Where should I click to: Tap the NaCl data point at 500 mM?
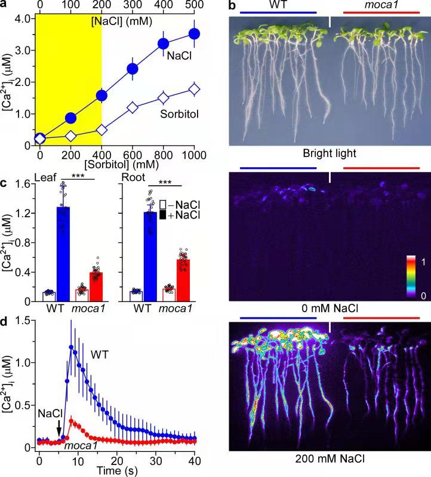pyautogui.click(x=194, y=34)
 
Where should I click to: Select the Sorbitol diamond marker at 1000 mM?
pyautogui.click(x=194, y=90)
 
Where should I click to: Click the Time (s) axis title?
pyautogui.click(x=116, y=470)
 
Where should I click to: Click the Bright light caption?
pyautogui.click(x=330, y=154)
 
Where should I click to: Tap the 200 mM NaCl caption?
pyautogui.click(x=330, y=460)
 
